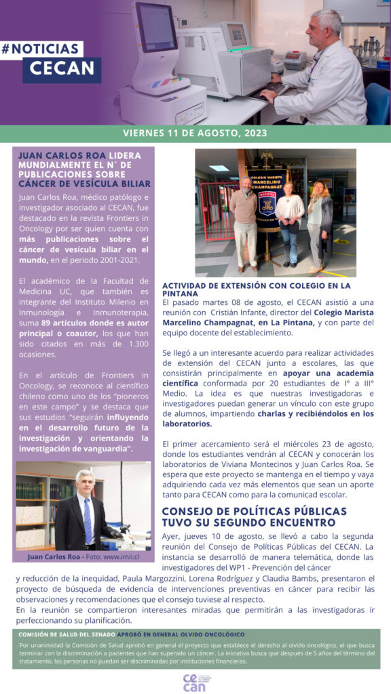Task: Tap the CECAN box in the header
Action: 62,70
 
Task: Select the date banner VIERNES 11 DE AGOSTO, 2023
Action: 195,133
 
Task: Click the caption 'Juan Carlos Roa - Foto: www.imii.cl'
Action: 83,556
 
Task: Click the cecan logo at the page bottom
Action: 195,682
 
